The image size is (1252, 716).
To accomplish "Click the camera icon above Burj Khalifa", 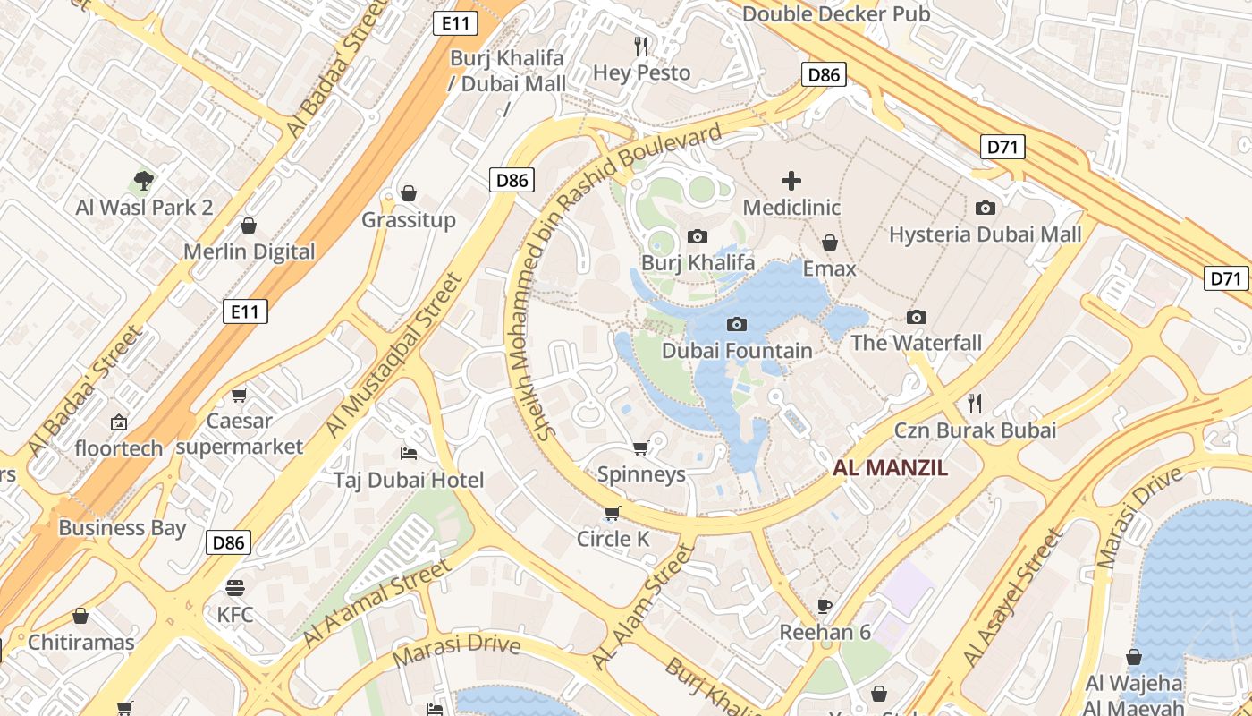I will [x=698, y=236].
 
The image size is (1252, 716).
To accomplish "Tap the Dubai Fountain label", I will [x=737, y=350].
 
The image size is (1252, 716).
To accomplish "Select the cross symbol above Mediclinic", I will [x=791, y=181].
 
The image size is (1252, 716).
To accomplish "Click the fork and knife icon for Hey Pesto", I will [x=641, y=46].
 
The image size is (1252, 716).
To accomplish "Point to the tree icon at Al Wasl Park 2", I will [x=144, y=181].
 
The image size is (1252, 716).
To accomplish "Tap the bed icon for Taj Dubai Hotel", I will [x=409, y=453].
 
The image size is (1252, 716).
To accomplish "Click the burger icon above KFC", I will [x=235, y=588].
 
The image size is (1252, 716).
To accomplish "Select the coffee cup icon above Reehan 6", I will [x=825, y=606].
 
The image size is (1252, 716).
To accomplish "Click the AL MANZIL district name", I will [x=890, y=467].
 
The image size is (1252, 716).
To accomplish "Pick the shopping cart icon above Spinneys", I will [x=640, y=447].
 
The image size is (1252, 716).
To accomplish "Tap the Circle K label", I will [x=613, y=539].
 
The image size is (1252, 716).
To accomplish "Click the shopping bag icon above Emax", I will [x=830, y=243].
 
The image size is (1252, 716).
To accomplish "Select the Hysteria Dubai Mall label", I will [x=985, y=234].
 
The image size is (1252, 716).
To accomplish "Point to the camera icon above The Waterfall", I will [x=916, y=317].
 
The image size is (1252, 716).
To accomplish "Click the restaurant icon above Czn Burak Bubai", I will [x=975, y=404].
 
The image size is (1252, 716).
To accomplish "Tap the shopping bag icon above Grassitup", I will [x=409, y=193].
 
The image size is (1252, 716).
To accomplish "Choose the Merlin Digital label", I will [x=250, y=251].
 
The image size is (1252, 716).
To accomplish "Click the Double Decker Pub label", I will [x=836, y=13].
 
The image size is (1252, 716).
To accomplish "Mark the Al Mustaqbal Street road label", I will [x=394, y=355].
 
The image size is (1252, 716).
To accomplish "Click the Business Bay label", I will [x=123, y=527].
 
